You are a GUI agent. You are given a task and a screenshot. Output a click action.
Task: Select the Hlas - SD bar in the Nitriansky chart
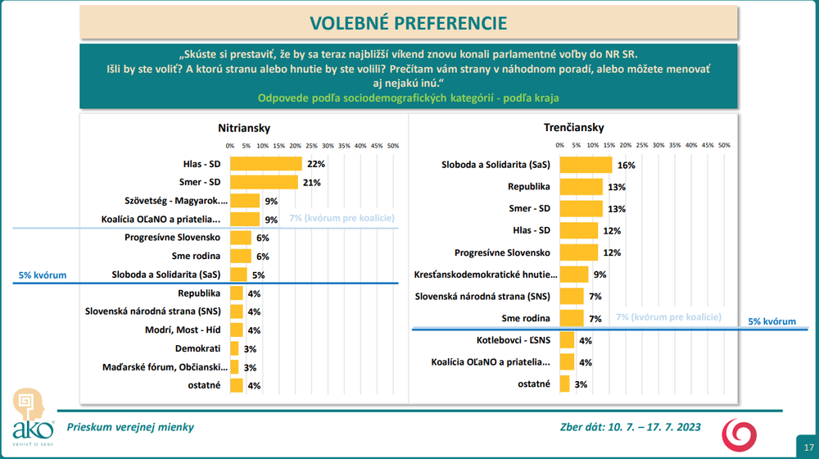(266, 164)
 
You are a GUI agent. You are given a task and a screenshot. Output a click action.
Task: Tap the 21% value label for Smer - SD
(311, 183)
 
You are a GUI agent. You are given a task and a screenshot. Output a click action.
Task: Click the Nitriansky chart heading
(244, 128)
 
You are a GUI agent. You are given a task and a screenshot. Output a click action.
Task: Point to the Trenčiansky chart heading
(573, 128)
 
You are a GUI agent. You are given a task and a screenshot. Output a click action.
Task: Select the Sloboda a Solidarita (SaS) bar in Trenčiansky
(586, 165)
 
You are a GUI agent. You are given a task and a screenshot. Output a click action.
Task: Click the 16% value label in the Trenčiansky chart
(627, 166)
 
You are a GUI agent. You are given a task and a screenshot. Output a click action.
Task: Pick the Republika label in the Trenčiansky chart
(529, 187)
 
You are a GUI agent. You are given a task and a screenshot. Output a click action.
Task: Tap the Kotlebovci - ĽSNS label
(513, 339)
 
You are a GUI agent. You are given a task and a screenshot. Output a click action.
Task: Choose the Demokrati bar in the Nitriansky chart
(234, 348)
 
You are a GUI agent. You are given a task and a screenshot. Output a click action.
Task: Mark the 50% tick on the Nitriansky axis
(392, 146)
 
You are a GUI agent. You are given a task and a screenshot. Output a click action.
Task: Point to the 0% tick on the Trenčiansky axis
(560, 146)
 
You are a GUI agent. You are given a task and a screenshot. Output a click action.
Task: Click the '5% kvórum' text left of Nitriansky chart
(43, 275)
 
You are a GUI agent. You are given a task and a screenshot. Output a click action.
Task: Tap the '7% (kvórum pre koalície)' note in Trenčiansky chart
(669, 316)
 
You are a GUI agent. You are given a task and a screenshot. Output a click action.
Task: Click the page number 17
(804, 446)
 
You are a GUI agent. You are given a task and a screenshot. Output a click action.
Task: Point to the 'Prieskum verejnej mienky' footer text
(131, 427)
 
